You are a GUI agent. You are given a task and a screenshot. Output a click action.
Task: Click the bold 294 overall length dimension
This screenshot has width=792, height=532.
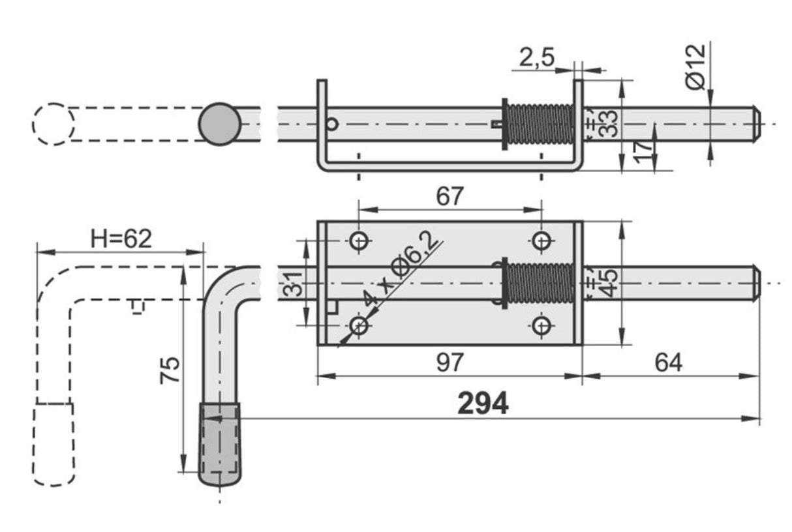[x=482, y=404]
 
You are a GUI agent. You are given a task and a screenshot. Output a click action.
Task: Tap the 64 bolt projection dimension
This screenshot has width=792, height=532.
[x=669, y=362]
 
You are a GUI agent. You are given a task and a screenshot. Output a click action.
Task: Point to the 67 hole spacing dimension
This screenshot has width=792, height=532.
[x=449, y=196]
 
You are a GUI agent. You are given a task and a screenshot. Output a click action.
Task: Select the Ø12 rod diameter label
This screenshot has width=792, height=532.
[x=695, y=65]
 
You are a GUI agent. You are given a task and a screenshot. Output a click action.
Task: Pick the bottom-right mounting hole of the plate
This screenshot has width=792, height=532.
[x=541, y=325]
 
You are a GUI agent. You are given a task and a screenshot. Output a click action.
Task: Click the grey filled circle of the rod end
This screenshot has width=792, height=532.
[x=220, y=124]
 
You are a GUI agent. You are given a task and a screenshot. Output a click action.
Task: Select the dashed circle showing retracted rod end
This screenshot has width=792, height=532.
[x=53, y=124]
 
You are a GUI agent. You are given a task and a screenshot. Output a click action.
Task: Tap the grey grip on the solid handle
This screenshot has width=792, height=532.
[x=220, y=443]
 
